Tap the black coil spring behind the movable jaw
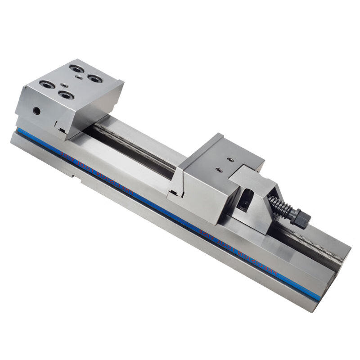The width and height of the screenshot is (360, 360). [280, 207]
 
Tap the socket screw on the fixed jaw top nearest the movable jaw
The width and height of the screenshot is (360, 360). [95, 79]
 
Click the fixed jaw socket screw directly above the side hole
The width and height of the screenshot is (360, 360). [47, 84]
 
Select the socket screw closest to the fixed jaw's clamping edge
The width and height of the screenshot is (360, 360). [67, 95]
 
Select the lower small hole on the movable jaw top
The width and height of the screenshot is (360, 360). [219, 170]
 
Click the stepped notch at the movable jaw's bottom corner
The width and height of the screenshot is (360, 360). [178, 193]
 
